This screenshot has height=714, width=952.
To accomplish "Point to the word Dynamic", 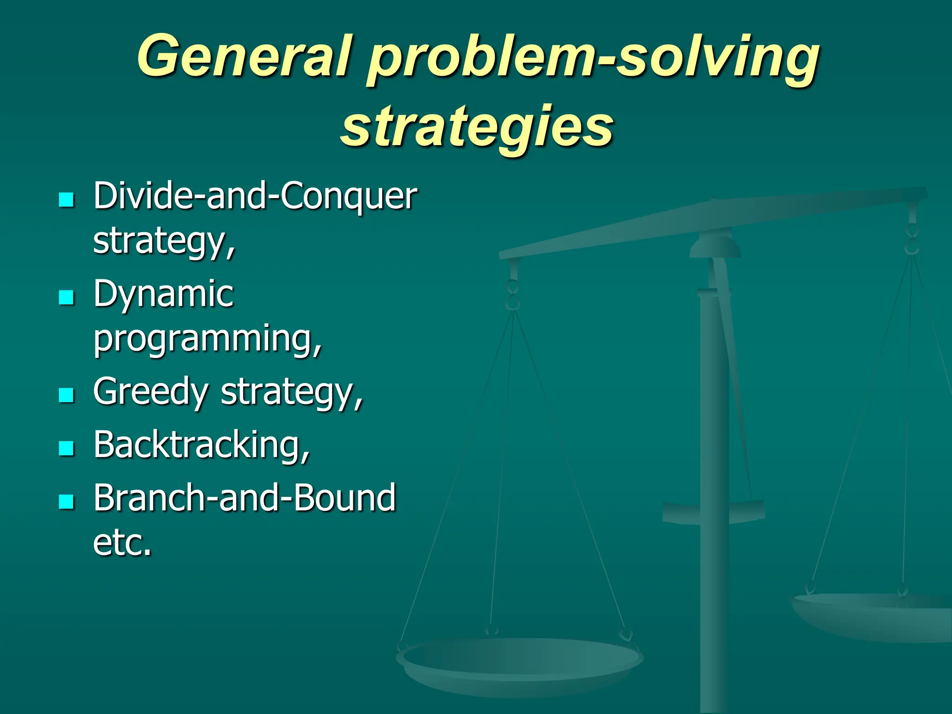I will click(164, 294).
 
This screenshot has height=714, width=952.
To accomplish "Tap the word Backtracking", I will click(201, 445).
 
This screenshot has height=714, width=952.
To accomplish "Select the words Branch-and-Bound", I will click(245, 498).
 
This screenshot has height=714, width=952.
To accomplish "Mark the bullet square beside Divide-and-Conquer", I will click(67, 200).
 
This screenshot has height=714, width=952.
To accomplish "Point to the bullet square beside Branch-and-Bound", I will click(67, 501).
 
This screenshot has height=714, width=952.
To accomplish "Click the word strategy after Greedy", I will click(291, 393).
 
